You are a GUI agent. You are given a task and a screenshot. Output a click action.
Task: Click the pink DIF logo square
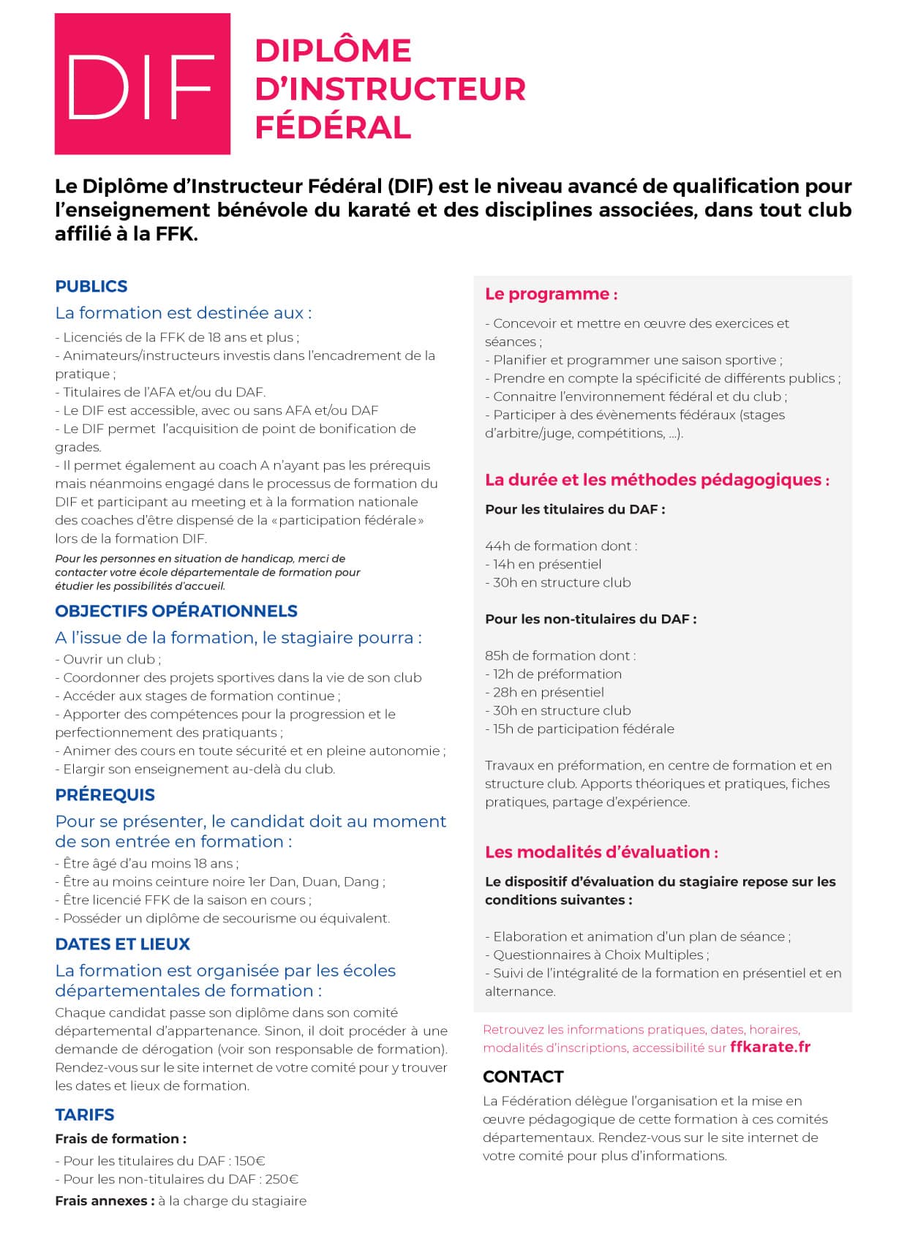pyautogui.click(x=142, y=83)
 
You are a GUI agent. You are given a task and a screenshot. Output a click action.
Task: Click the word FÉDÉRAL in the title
pyautogui.click(x=333, y=127)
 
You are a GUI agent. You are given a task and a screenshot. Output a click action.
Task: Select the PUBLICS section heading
pyautogui.click(x=91, y=287)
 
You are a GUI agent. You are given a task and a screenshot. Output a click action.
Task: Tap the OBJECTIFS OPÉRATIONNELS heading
pyautogui.click(x=176, y=612)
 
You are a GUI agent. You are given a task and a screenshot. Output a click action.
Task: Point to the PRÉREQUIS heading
pyautogui.click(x=105, y=795)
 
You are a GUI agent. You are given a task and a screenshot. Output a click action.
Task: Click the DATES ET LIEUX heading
pyautogui.click(x=122, y=944)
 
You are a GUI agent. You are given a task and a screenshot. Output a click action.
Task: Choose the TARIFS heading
pyautogui.click(x=84, y=1115)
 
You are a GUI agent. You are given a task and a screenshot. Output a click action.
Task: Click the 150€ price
pyautogui.click(x=249, y=1161)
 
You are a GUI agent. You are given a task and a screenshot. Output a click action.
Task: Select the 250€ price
pyautogui.click(x=282, y=1179)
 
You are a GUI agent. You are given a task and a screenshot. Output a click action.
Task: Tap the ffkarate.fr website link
pyautogui.click(x=769, y=1047)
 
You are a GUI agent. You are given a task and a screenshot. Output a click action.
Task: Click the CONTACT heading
pyautogui.click(x=523, y=1077)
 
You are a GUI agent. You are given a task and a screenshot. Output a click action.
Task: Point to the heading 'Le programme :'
pyautogui.click(x=551, y=294)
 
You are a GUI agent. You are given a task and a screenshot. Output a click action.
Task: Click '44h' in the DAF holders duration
pyautogui.click(x=497, y=546)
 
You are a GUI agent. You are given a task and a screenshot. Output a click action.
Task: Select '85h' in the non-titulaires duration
pyautogui.click(x=497, y=655)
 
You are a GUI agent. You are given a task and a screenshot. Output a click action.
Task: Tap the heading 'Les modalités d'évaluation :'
pyautogui.click(x=601, y=852)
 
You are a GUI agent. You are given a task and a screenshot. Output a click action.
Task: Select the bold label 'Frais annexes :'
pyautogui.click(x=105, y=1201)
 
